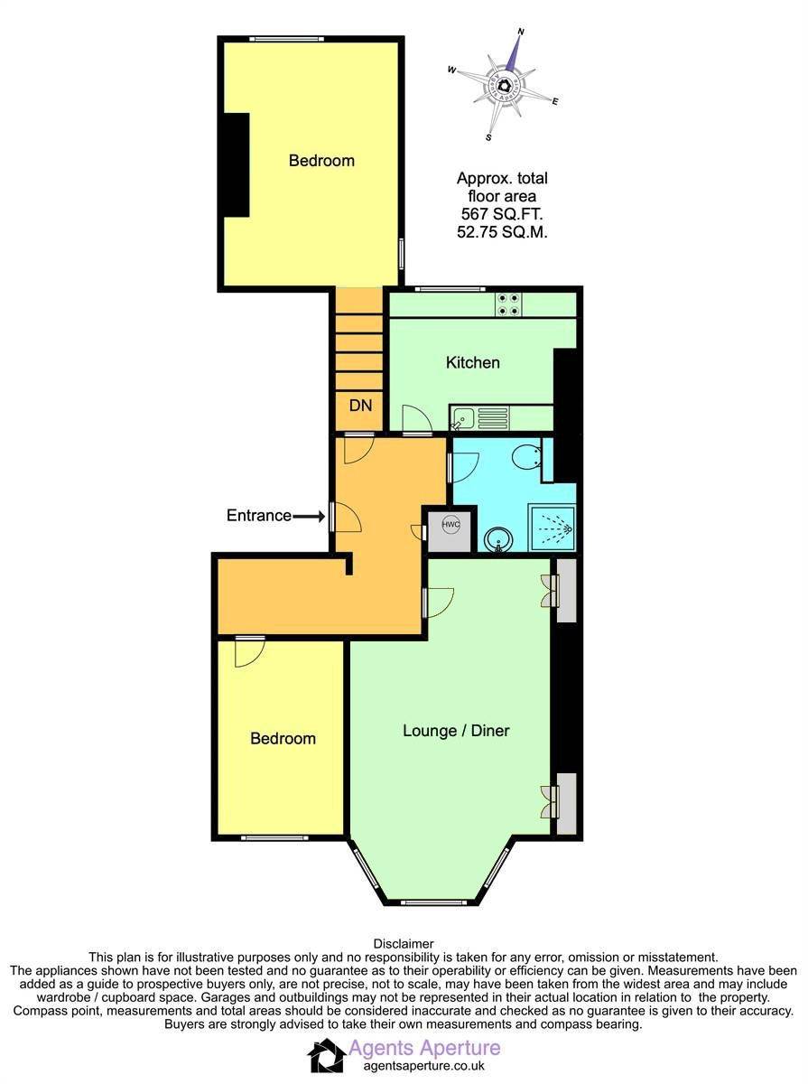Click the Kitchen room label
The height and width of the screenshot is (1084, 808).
point(472,362)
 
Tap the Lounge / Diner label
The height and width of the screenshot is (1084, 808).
point(456,731)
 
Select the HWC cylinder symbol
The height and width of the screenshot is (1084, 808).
point(450,525)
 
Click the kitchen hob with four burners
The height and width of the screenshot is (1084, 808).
point(508,304)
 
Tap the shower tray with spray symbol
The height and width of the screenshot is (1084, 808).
point(552,528)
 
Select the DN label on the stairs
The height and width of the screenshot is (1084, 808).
point(360,406)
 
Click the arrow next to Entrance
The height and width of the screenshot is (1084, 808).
point(309,517)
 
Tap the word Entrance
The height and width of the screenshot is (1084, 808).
point(259,516)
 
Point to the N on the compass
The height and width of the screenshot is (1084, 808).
point(521,32)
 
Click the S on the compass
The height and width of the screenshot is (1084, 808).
point(488,138)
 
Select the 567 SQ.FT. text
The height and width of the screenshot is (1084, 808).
point(502,214)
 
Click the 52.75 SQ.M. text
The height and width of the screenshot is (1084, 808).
point(502,232)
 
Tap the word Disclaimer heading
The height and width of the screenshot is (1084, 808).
point(404,944)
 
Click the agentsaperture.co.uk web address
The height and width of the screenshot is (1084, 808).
point(424,1065)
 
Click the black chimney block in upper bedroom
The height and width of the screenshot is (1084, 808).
point(236,165)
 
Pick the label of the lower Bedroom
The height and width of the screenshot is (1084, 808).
point(283,738)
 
